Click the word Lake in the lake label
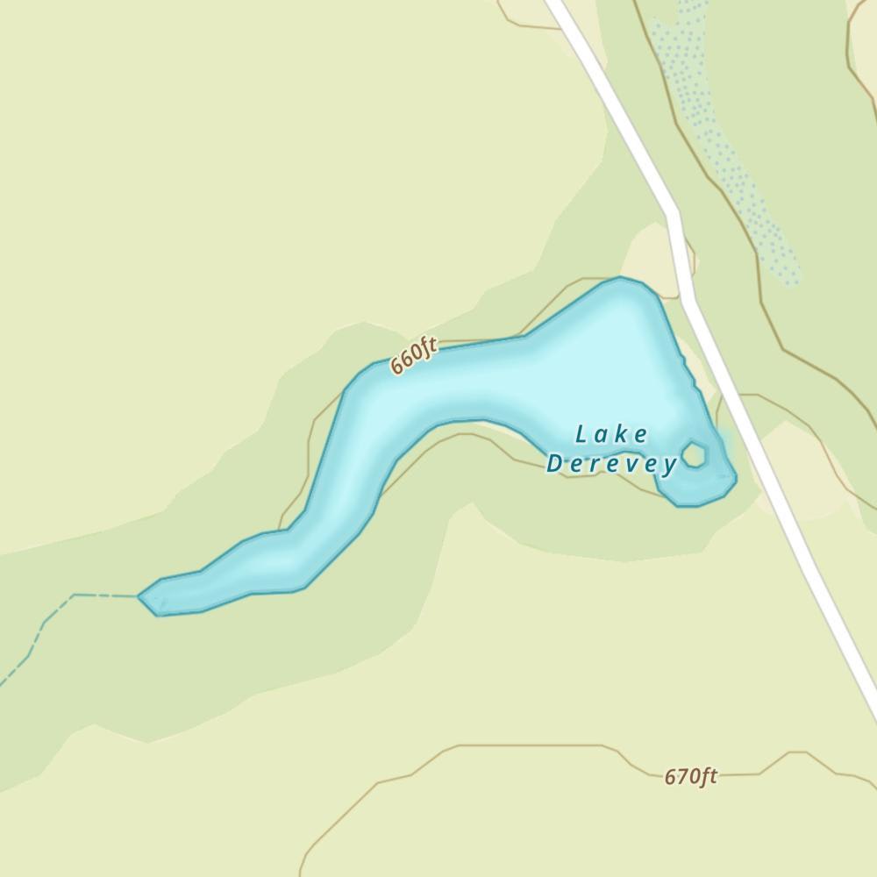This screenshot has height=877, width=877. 611,435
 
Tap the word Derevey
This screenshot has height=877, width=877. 611,464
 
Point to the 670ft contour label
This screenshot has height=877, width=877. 690,776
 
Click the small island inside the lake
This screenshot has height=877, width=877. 695,455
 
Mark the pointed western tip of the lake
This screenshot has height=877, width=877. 140,596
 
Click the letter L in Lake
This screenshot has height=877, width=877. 581,433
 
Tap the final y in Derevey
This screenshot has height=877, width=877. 670,466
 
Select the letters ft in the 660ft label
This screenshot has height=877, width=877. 427,350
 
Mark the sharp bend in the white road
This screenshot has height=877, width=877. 674,213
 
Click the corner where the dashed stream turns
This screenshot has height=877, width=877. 74,595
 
